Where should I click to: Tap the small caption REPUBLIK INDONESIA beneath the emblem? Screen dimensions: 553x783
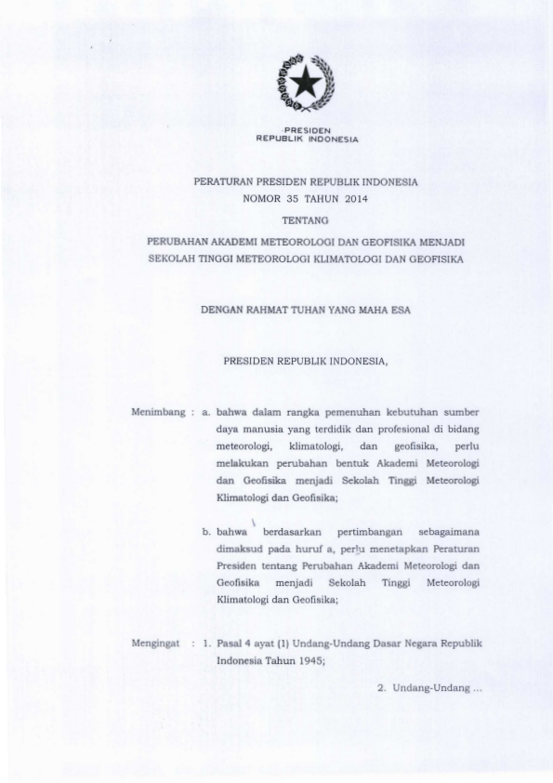click(307, 138)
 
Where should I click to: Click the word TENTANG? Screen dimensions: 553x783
click(306, 219)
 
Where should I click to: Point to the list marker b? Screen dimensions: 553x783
click(206, 533)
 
